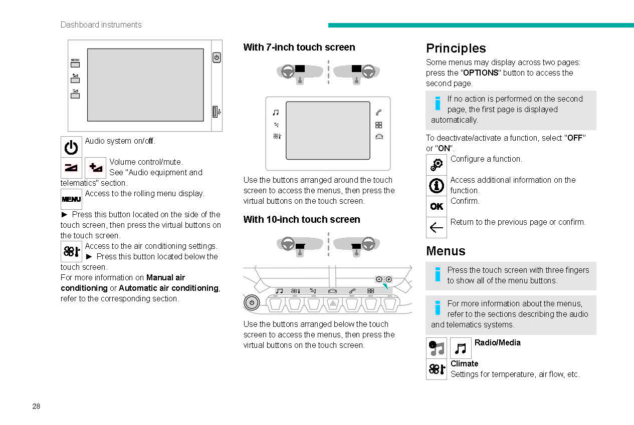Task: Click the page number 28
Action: coord(36,406)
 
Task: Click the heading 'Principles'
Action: coord(456,48)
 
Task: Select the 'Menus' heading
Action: coord(446,251)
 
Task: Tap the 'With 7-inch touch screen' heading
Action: coord(299,47)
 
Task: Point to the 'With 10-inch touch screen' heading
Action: coord(301,219)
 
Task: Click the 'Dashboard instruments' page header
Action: coord(101,25)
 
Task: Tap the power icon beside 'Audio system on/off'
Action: coord(71,147)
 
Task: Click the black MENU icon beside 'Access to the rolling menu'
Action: coord(71,199)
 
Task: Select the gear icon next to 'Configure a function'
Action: coord(436,165)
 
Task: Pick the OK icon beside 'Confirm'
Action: coord(436,206)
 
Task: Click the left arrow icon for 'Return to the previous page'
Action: coord(436,228)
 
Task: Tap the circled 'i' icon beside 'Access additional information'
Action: coord(436,186)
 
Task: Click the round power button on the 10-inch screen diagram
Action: coord(252,303)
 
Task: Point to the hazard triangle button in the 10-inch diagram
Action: coord(332,303)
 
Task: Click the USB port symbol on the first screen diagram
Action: coord(216,112)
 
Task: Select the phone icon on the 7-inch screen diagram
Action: coord(378,113)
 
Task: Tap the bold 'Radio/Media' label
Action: coord(497,342)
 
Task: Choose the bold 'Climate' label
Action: coord(464,363)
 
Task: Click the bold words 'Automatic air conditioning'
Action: coord(168,288)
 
